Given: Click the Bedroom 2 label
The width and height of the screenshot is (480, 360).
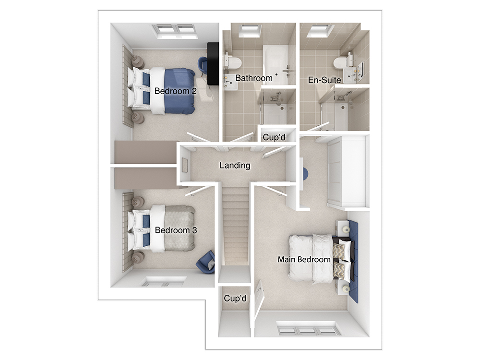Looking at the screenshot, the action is (175, 91).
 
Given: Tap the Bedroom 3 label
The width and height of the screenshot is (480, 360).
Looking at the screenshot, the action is (176, 230).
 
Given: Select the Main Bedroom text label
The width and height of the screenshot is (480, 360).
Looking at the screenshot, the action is (304, 260).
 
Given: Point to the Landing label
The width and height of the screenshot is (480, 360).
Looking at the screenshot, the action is (235, 166).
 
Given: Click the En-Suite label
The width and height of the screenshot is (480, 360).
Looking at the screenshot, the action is (324, 80).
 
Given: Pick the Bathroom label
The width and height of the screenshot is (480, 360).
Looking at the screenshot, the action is (254, 78).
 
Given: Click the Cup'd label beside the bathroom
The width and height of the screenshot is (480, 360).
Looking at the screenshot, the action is (274, 137).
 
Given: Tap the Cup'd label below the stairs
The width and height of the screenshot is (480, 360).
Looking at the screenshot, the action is (235, 298).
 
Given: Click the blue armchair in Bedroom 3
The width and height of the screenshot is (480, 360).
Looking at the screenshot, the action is (206, 263).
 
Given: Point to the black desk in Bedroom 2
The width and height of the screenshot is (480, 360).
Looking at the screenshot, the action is (213, 64).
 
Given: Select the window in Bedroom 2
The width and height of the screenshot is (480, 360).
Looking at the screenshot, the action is (175, 31).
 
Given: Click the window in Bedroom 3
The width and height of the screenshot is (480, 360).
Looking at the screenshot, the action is (165, 281).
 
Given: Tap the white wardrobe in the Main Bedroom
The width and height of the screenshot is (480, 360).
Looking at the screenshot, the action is (348, 171).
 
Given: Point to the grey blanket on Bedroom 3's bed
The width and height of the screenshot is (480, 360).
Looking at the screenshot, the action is (180, 228).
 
